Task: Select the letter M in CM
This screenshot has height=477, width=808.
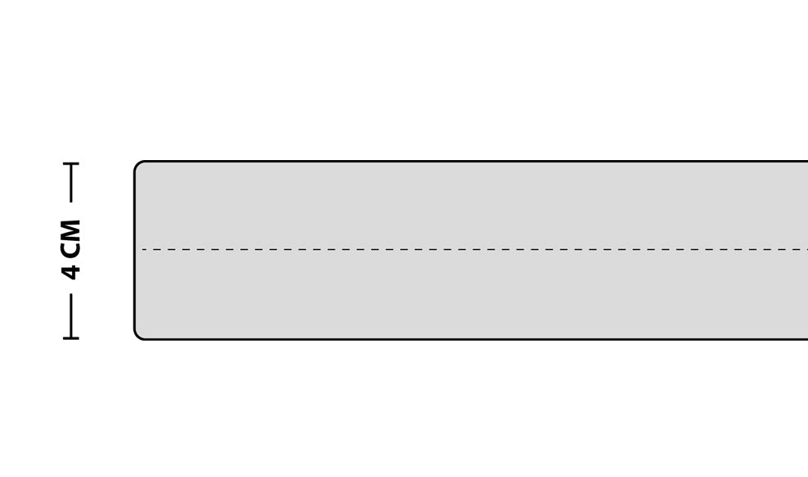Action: pyautogui.click(x=70, y=229)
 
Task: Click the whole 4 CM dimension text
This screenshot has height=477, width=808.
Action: pyautogui.click(x=70, y=250)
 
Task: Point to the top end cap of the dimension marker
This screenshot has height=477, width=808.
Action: pyautogui.click(x=71, y=163)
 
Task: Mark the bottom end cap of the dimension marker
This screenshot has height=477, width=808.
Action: pyautogui.click(x=71, y=338)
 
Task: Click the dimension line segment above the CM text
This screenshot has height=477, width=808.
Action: pyautogui.click(x=71, y=183)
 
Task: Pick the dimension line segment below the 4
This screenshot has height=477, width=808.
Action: pyautogui.click(x=71, y=316)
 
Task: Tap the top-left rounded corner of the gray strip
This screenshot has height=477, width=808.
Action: pyautogui.click(x=137, y=164)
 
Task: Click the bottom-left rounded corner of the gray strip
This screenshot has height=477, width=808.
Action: pyautogui.click(x=137, y=337)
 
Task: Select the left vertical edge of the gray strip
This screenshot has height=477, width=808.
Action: pyautogui.click(x=134, y=250)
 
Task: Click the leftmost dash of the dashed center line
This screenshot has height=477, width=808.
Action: pyautogui.click(x=145, y=250)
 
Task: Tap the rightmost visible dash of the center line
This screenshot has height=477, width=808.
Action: pyautogui.click(x=805, y=250)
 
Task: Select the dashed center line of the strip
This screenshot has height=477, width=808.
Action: pyautogui.click(x=474, y=250)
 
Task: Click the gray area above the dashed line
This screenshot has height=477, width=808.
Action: pyautogui.click(x=472, y=206)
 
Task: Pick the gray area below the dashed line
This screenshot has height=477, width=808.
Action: pyautogui.click(x=472, y=294)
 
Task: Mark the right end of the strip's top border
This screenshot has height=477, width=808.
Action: pyautogui.click(x=807, y=161)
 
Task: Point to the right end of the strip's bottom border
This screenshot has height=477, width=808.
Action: pyautogui.click(x=807, y=339)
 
